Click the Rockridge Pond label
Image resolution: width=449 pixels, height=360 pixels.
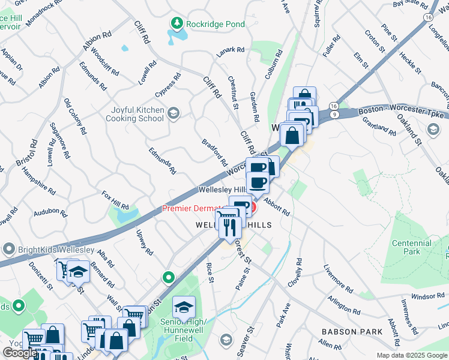(215, 24)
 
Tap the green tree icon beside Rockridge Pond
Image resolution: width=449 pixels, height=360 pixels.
(177, 24)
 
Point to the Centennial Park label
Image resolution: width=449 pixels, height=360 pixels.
(411, 247)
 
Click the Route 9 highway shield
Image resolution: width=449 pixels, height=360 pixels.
(333, 113)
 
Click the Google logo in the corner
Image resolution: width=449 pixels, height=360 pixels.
(19, 353)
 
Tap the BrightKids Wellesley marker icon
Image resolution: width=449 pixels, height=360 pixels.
(8, 248)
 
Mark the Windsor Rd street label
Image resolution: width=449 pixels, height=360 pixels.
(427, 296)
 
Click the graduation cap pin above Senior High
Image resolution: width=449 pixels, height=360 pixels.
(184, 307)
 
